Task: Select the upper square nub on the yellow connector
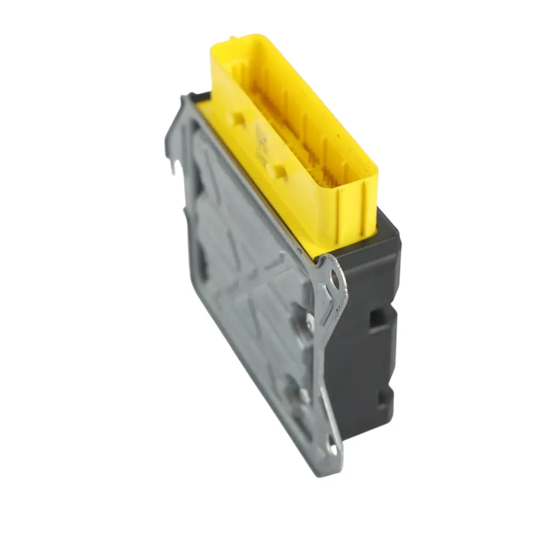coord(238,120)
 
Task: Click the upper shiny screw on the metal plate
coord(310,322)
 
